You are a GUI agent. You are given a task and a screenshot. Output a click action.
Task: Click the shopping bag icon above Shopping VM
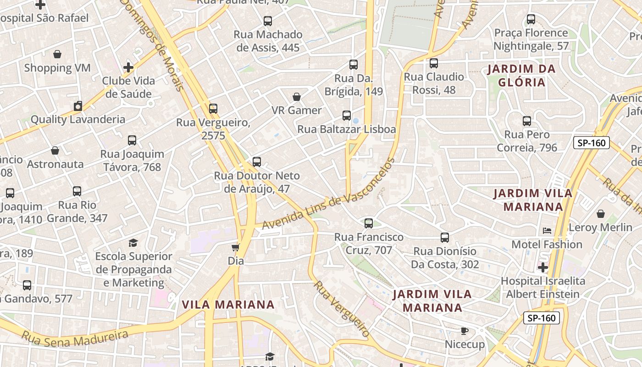coord(57,55)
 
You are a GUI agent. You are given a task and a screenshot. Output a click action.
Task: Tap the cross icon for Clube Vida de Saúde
coord(128,67)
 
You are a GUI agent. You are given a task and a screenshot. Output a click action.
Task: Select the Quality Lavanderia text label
coord(77,119)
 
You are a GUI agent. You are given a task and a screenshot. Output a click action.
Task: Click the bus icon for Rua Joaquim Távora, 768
coord(132,140)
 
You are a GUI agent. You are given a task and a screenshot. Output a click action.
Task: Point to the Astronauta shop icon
coord(55,150)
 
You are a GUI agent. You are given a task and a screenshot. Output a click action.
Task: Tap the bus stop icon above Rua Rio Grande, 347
coord(77,191)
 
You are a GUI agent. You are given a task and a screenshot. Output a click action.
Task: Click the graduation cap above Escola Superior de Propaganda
coord(133,243)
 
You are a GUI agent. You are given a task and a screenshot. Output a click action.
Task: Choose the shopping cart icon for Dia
coord(236,248)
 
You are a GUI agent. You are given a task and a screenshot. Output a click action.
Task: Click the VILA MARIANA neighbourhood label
coord(228,305)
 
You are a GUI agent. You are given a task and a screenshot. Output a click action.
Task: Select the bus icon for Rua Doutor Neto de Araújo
coord(257,162)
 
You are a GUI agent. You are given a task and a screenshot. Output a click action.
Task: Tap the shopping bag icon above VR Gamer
coord(297,97)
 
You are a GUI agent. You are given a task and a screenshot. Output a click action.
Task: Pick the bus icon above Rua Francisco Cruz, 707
coord(369,223)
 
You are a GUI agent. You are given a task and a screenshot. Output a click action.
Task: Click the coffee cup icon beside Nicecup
coord(464,331)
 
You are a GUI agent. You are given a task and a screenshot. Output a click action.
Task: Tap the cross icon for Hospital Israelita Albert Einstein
coord(543,267)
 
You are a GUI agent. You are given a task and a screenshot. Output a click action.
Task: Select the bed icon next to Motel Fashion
coord(547,231)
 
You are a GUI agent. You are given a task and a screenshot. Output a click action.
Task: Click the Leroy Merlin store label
coord(600,227)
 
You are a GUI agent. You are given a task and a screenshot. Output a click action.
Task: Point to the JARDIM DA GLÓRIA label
coord(521,76)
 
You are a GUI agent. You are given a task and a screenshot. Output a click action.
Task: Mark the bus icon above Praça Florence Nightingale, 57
coord(531,19)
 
